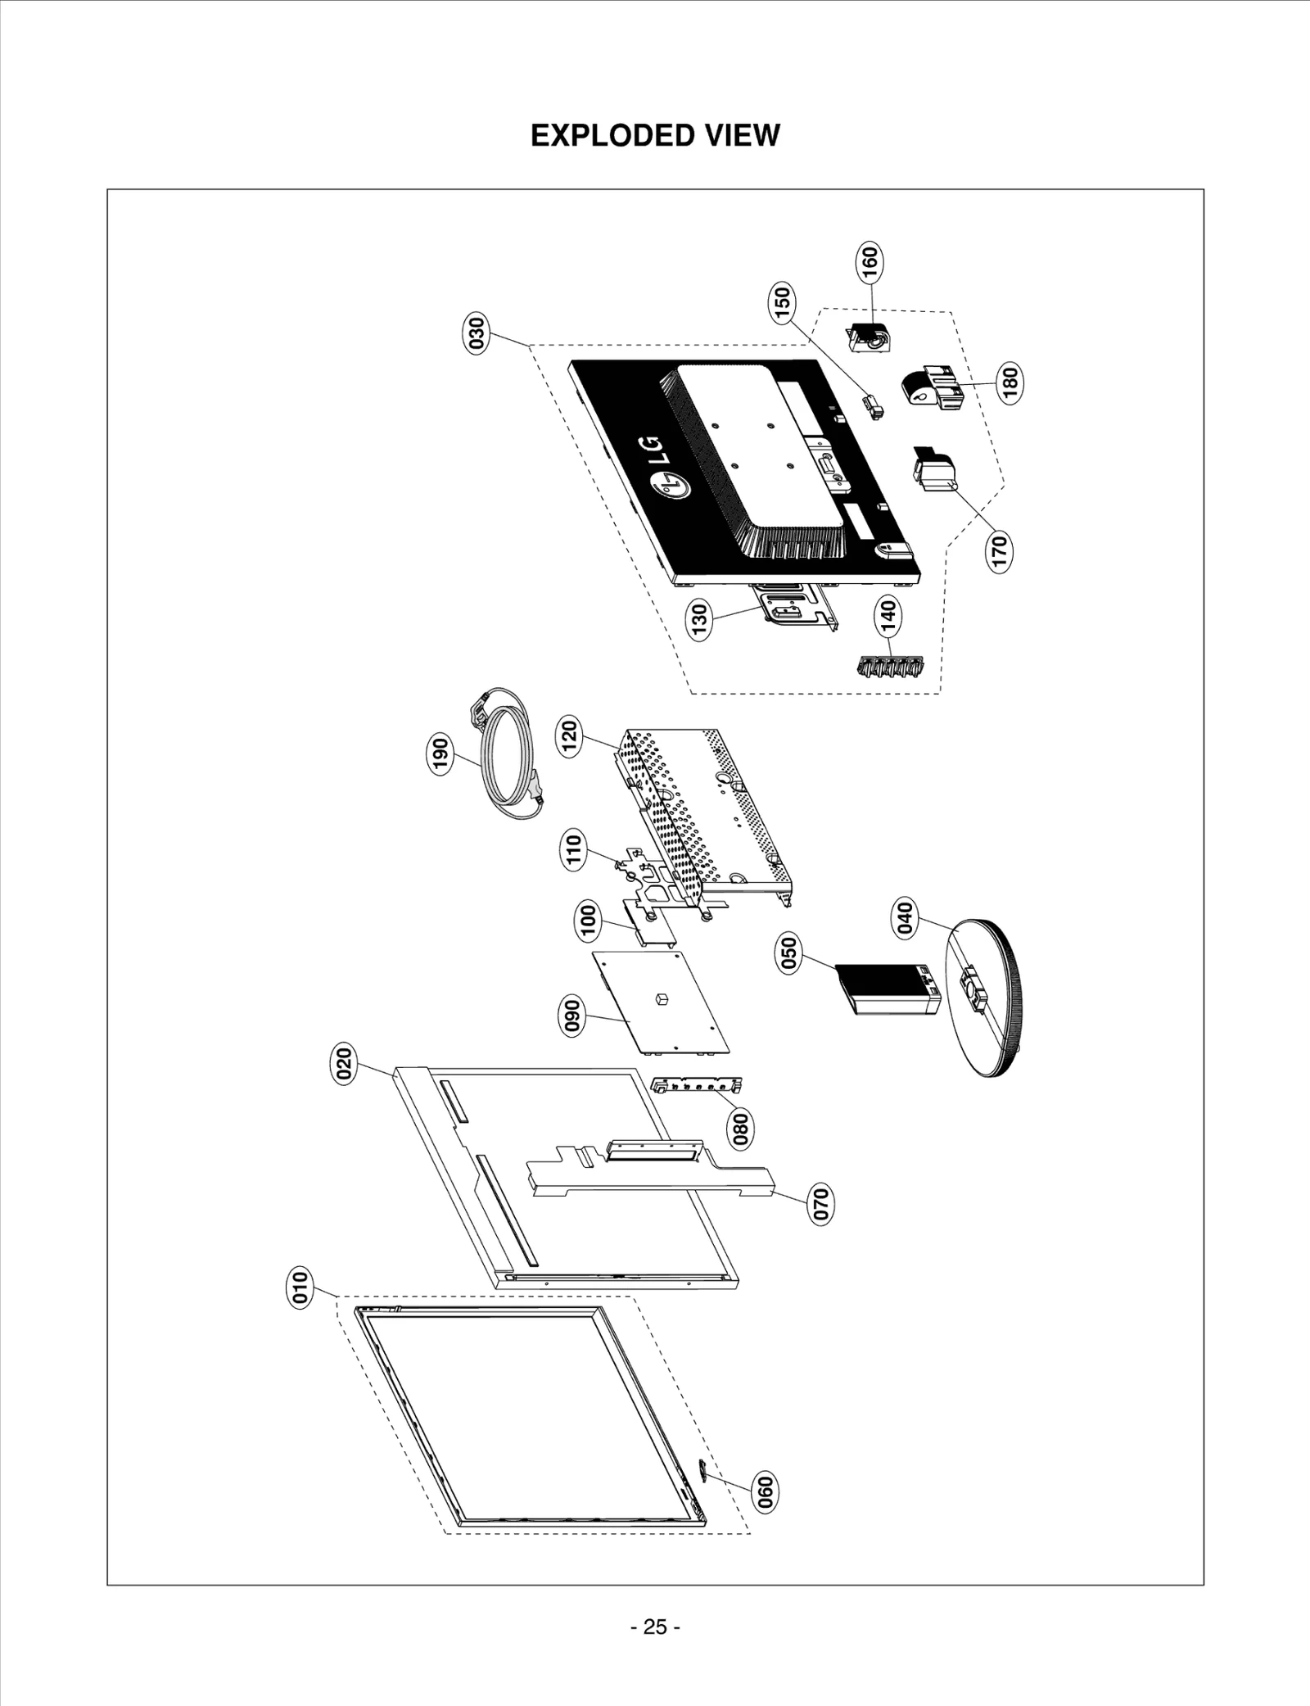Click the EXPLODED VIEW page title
coord(655,135)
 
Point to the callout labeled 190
coord(440,755)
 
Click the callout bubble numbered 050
coord(788,955)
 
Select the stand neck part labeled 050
coord(888,989)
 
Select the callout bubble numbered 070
coord(820,1203)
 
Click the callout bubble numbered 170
coord(1001,550)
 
